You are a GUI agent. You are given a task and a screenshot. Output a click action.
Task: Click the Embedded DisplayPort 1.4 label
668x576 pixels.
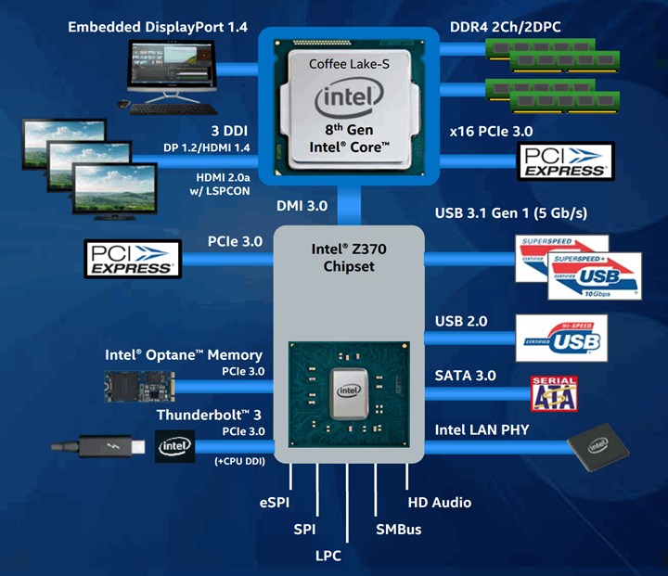click(x=158, y=28)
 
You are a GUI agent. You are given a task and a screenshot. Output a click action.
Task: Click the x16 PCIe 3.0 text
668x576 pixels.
click(x=491, y=132)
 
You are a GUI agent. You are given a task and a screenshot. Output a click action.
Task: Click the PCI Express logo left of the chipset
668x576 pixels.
click(x=131, y=258)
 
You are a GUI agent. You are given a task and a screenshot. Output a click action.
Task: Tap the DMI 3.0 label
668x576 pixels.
click(x=302, y=205)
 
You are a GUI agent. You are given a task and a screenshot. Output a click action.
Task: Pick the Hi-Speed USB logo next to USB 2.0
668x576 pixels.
click(x=560, y=338)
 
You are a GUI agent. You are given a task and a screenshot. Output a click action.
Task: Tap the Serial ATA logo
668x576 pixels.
click(x=553, y=393)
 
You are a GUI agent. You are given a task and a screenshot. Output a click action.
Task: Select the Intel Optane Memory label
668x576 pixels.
click(x=183, y=355)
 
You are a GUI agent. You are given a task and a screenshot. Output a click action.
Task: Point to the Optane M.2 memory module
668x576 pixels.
click(x=137, y=385)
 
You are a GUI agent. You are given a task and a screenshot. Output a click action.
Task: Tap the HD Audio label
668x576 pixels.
click(x=440, y=502)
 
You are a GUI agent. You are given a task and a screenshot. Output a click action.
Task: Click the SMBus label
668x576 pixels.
click(x=398, y=529)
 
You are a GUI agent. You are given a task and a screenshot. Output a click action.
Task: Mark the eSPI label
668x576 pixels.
click(x=276, y=502)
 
